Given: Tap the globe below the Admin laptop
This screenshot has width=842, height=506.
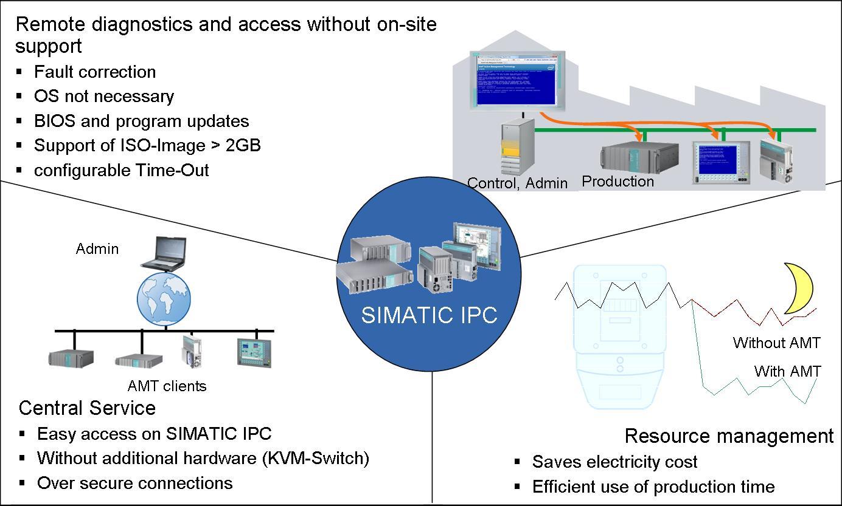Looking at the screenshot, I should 164,299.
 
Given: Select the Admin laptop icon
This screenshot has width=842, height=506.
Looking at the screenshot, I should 164,253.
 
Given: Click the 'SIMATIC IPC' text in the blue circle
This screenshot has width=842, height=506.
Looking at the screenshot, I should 429,315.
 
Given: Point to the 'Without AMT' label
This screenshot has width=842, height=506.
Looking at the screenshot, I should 776,343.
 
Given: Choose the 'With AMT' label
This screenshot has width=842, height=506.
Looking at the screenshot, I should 787,371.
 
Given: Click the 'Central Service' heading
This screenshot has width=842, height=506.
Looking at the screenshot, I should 87,408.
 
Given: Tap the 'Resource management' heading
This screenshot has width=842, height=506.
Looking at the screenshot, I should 729,436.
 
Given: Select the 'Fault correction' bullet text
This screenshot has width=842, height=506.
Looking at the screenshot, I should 95,72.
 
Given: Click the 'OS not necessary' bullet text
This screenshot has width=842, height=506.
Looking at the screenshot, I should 104,96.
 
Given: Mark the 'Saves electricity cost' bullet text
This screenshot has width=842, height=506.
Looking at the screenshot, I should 614,462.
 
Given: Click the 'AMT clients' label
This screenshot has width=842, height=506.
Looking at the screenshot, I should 167,386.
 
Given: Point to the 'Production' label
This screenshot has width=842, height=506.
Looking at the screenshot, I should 618,181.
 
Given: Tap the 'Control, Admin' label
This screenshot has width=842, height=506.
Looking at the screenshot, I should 517,183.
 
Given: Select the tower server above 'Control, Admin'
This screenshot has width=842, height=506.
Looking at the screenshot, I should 518,146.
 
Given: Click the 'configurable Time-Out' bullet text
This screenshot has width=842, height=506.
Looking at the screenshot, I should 121,170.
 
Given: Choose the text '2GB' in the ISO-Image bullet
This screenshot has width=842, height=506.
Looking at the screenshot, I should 244,145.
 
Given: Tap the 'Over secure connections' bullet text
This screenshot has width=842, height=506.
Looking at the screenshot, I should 134,483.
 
